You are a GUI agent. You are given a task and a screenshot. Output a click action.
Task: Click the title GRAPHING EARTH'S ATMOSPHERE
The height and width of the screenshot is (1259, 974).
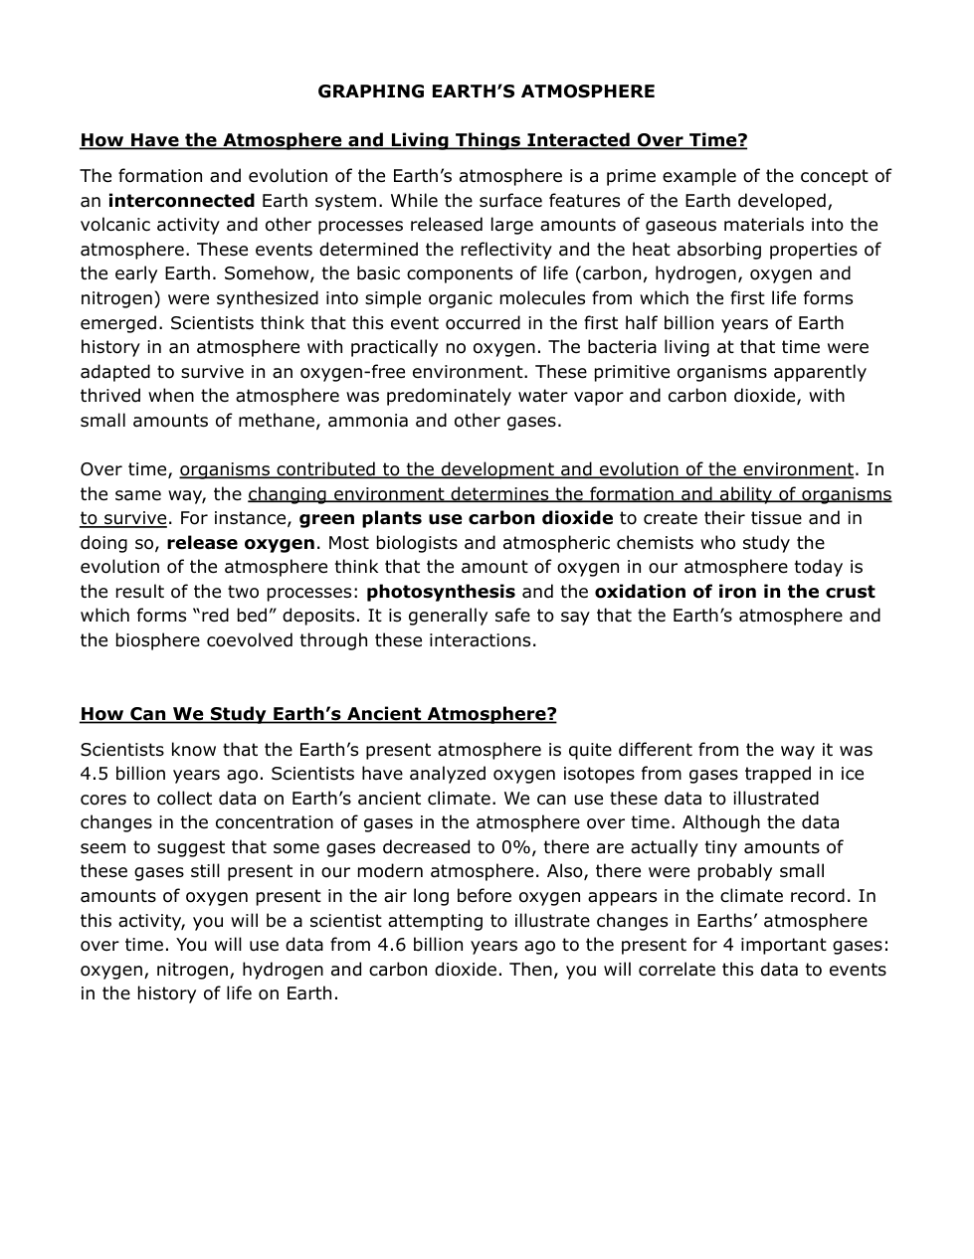[486, 91]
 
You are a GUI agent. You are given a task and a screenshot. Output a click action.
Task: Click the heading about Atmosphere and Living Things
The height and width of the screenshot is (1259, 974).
[413, 140]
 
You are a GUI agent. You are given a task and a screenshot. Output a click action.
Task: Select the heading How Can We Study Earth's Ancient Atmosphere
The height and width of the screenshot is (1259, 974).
[318, 714]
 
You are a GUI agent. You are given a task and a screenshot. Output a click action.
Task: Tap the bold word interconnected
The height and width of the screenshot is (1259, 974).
[181, 201]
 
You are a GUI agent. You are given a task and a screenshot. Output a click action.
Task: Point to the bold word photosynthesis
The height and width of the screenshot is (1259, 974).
[441, 592]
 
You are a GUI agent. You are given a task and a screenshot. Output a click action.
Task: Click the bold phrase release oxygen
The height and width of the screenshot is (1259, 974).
[241, 543]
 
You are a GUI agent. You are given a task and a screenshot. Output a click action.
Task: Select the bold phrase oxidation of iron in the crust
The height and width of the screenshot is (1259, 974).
[734, 592]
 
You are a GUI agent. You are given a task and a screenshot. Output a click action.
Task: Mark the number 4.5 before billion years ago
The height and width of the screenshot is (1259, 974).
[96, 774]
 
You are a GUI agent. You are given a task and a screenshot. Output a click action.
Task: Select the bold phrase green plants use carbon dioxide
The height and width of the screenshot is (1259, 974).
[456, 518]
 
